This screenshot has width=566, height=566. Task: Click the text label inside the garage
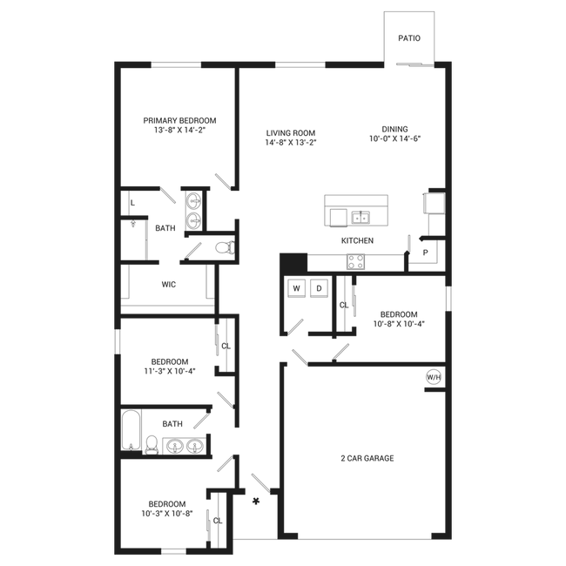pos(367,457)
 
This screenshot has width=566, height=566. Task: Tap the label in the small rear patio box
pos(408,38)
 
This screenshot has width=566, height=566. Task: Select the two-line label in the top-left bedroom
pos(179,125)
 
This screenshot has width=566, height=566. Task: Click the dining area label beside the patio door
pos(394,133)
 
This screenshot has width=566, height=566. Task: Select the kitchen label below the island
pos(357,240)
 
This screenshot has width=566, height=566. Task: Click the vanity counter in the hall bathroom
pos(179,447)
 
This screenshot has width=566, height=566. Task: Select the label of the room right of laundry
pos(398,318)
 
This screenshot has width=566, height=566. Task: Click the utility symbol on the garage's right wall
pos(433,380)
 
